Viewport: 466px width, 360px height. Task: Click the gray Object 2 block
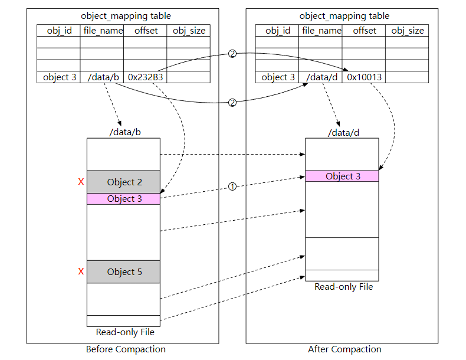(x=123, y=182)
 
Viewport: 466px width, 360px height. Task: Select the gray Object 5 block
(x=123, y=272)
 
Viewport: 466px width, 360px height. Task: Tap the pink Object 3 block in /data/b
(x=123, y=199)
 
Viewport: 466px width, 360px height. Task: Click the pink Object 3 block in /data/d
(x=342, y=176)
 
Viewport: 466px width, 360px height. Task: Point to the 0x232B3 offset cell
(x=145, y=77)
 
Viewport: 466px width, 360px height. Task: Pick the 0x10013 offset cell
(x=364, y=77)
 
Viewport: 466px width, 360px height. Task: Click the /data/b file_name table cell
(x=101, y=77)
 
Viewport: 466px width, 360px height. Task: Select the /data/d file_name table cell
(x=320, y=77)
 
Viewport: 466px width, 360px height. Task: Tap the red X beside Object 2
(x=81, y=182)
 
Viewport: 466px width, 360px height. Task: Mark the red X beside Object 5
(x=81, y=272)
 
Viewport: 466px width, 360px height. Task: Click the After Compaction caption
(x=344, y=349)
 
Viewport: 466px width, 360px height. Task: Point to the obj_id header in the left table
(x=58, y=30)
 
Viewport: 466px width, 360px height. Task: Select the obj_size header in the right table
(x=408, y=30)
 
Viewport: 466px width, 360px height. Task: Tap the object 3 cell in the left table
(x=58, y=77)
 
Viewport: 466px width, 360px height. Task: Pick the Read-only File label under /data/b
(x=125, y=332)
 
